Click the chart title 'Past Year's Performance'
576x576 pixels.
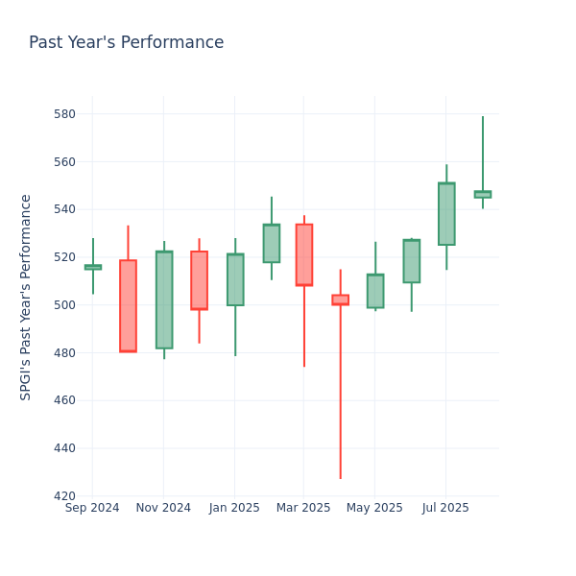tap(126, 43)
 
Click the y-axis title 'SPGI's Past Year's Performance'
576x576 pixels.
tap(26, 297)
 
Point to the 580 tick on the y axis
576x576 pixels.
tap(63, 114)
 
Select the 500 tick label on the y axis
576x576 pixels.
tap(63, 305)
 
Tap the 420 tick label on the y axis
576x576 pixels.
tap(63, 496)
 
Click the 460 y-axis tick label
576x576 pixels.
tap(63, 400)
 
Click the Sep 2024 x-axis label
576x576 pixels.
tap(92, 508)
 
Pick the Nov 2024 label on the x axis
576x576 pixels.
tap(163, 508)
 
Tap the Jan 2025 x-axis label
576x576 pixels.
tap(234, 508)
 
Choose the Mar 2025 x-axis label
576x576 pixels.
tap(303, 508)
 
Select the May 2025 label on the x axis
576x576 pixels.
tap(374, 508)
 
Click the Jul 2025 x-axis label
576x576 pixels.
tap(445, 508)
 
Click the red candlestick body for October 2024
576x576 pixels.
tap(128, 305)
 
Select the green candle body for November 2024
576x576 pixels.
tap(164, 300)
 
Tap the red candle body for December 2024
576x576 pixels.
tap(199, 280)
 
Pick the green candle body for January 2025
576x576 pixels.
tap(235, 279)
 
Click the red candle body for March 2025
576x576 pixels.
tap(303, 254)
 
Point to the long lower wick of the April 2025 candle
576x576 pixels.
tap(340, 394)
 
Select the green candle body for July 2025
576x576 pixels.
tap(446, 214)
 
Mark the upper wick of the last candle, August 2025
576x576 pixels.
tap(483, 154)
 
